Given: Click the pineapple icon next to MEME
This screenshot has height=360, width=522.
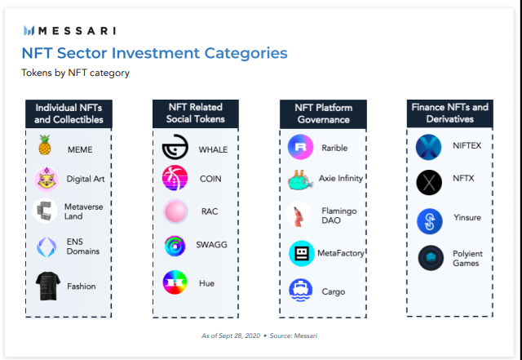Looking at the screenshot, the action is click(x=45, y=145).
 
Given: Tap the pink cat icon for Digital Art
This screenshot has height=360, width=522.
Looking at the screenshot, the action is click(x=46, y=180).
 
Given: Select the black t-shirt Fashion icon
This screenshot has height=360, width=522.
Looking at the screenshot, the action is click(x=48, y=286).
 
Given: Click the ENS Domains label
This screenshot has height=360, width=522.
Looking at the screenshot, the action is click(x=83, y=247).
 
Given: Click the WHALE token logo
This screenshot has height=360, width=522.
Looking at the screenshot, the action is click(x=175, y=147).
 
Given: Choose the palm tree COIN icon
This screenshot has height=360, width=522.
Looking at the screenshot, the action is click(x=175, y=178).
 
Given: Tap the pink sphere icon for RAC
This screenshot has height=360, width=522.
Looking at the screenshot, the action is click(x=175, y=211).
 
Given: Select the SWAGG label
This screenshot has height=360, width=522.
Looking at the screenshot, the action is click(x=211, y=245).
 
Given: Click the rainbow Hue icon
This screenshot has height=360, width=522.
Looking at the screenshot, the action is click(x=175, y=282).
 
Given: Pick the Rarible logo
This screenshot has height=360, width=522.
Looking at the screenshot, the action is click(x=300, y=147).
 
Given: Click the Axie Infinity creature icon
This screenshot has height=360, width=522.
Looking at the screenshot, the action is click(x=300, y=180).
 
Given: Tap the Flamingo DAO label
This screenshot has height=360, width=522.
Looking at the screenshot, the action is click(x=339, y=216).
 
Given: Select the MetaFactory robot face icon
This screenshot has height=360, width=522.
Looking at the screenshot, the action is click(x=302, y=253).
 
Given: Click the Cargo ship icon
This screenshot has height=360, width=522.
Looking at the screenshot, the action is click(x=301, y=291).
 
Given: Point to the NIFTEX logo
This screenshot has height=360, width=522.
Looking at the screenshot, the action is click(x=428, y=147).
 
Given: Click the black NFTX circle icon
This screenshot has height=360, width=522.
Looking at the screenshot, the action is click(x=429, y=182).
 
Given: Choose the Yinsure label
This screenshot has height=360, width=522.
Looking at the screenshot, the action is click(x=467, y=218).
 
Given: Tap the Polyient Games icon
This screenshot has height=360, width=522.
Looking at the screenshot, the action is click(x=431, y=258).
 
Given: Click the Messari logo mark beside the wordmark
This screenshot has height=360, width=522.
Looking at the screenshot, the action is click(x=29, y=31).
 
